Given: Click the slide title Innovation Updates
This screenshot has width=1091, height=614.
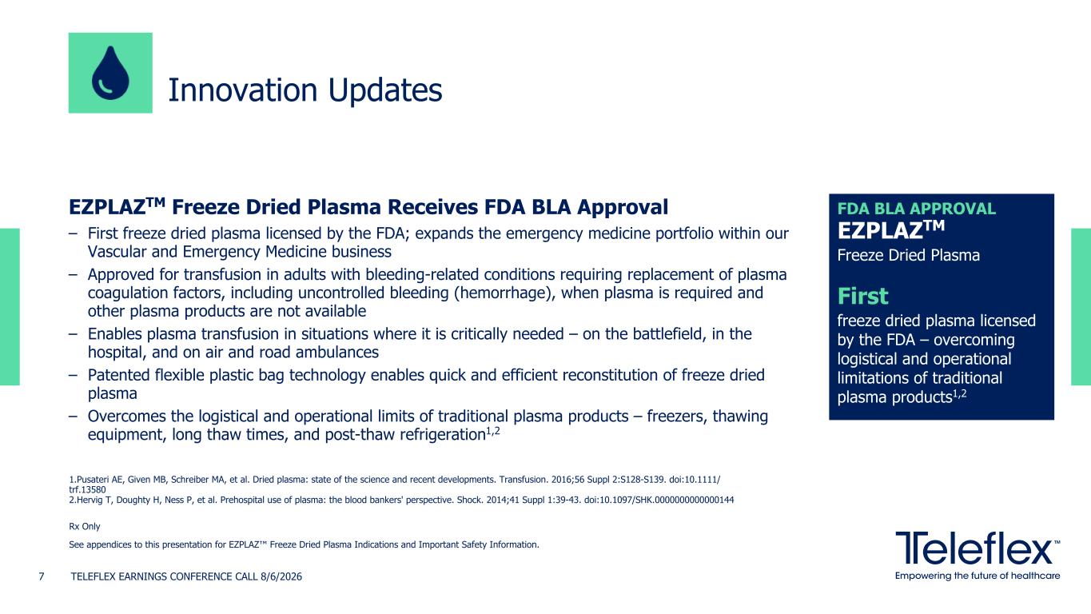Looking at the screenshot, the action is click(305, 90).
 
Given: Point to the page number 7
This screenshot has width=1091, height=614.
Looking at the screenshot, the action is click(42, 576).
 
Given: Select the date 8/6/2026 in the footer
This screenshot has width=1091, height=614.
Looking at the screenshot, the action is click(281, 576).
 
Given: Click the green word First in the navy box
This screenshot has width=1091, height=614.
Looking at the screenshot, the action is click(862, 296).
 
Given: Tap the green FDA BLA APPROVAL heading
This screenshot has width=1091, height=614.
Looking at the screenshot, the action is click(916, 209).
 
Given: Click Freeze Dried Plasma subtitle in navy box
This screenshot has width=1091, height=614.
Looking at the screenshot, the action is click(908, 255).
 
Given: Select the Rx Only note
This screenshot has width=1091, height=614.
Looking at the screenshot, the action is click(84, 526).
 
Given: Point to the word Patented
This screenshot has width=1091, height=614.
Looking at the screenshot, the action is click(119, 375).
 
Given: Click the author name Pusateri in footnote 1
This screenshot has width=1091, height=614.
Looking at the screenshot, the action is click(92, 480).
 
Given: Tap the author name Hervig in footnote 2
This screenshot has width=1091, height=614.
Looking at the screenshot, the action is click(89, 500).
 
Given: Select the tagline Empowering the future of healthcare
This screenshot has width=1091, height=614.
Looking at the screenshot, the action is click(978, 576).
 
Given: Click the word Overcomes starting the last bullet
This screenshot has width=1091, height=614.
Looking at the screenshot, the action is click(127, 417).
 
